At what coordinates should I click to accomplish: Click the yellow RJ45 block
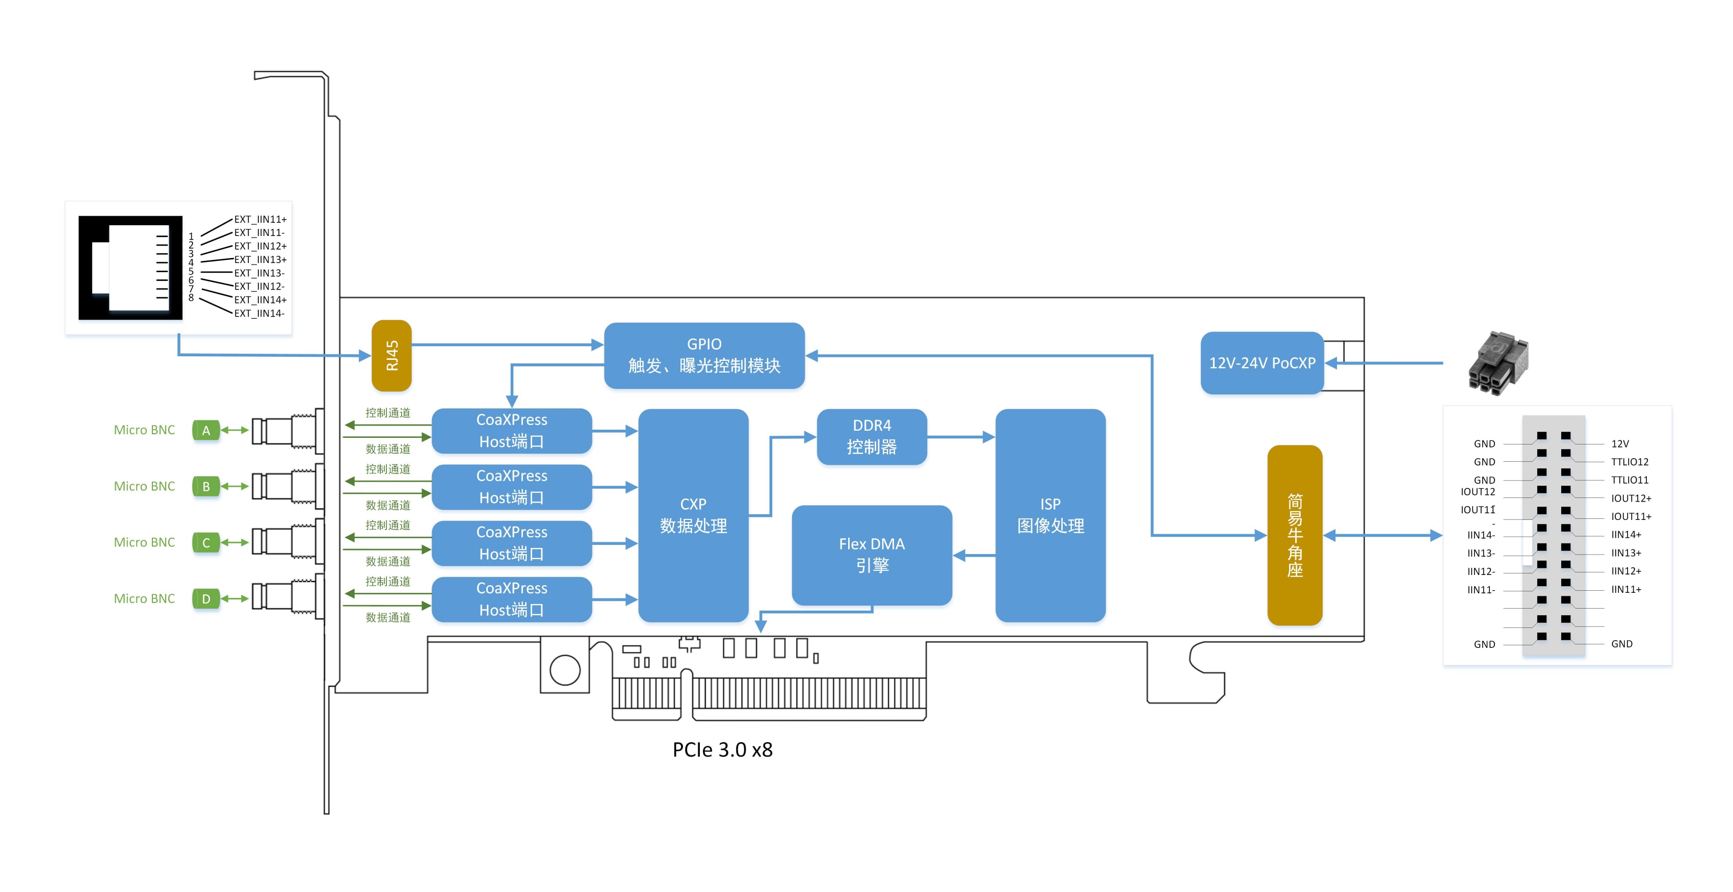coord(391,355)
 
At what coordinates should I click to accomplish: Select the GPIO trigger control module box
coord(704,355)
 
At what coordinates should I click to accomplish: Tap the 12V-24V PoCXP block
coord(1262,363)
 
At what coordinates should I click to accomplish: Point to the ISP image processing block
coord(1049,515)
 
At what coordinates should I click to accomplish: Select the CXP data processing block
coord(693,515)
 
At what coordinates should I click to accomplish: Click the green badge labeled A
coord(206,431)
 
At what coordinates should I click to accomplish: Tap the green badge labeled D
coord(206,599)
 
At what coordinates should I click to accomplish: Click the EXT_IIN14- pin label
coord(259,313)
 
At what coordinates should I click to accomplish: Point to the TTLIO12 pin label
coord(1630,462)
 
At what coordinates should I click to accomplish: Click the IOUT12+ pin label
coord(1631,499)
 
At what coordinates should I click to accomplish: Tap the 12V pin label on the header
coord(1619,444)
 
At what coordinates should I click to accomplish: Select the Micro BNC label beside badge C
coord(144,543)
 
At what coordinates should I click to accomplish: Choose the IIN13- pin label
coord(1481,554)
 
